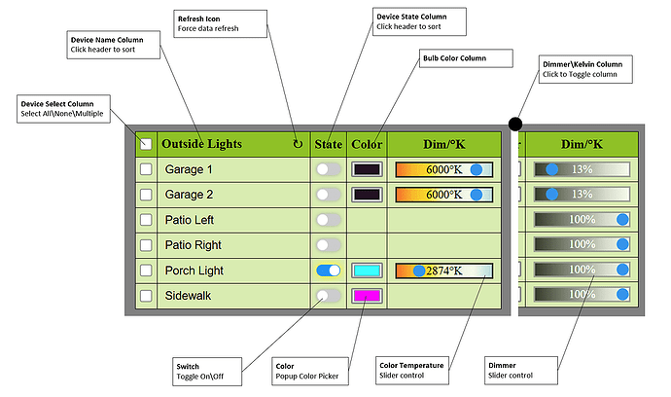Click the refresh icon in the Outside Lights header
coord(298,144)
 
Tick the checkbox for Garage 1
coord(146,169)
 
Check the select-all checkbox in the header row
coord(146,144)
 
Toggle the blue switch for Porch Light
coord(329,271)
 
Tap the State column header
coord(329,144)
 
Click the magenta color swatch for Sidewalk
coord(367,296)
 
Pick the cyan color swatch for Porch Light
coord(367,271)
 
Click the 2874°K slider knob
coord(419,271)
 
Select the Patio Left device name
coord(190,220)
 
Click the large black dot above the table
coord(515,125)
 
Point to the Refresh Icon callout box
coord(221,24)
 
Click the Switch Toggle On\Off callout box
coord(207,372)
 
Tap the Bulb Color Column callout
coord(466,58)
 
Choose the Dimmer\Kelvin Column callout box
coord(585,69)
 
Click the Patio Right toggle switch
coord(329,245)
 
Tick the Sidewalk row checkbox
coord(146,296)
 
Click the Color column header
coord(367,144)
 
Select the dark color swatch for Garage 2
coord(367,195)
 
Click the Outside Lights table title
coord(201,144)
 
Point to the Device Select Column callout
coord(63,109)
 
